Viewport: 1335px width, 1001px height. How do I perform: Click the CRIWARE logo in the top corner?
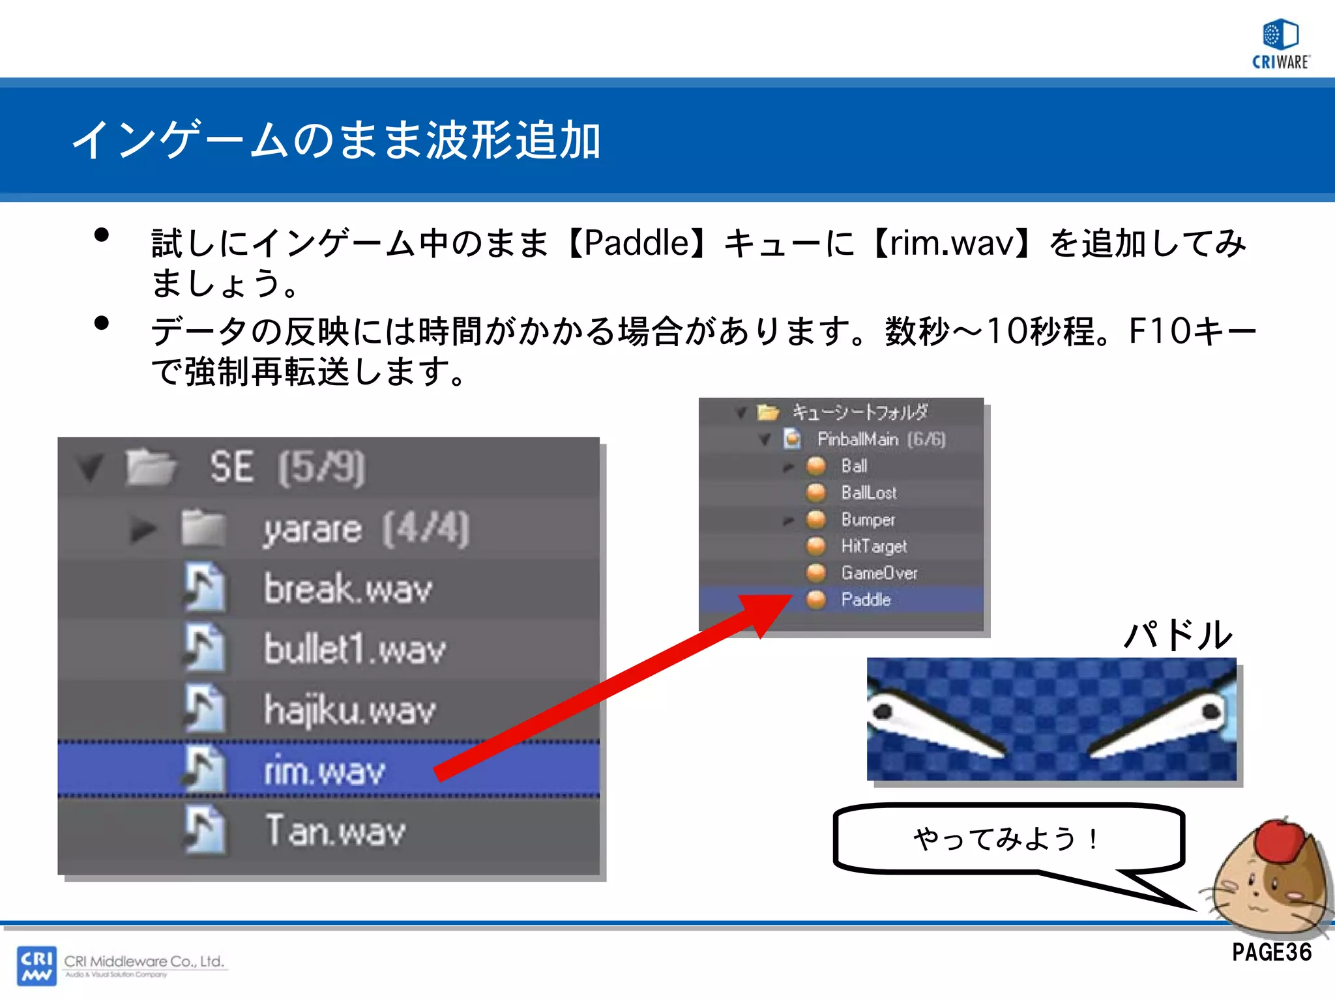click(1280, 43)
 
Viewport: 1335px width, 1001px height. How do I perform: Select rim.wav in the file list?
click(324, 772)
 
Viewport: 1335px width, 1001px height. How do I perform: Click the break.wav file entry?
click(347, 589)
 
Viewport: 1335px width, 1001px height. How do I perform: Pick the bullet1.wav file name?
click(355, 650)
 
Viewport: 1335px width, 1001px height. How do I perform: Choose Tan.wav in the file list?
click(335, 831)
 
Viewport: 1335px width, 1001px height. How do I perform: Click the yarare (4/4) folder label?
click(366, 529)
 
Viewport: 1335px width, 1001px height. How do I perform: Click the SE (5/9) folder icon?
click(151, 467)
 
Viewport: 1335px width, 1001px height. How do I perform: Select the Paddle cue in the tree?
click(865, 600)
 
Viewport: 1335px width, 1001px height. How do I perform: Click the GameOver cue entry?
click(879, 573)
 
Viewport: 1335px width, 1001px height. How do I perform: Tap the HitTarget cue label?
click(873, 546)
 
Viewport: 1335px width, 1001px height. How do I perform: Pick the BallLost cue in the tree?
click(868, 493)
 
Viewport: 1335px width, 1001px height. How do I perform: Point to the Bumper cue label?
click(868, 519)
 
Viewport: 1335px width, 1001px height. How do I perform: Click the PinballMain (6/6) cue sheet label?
click(881, 439)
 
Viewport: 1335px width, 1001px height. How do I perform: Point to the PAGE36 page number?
click(1271, 952)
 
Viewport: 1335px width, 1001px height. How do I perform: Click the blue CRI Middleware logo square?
click(37, 965)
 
